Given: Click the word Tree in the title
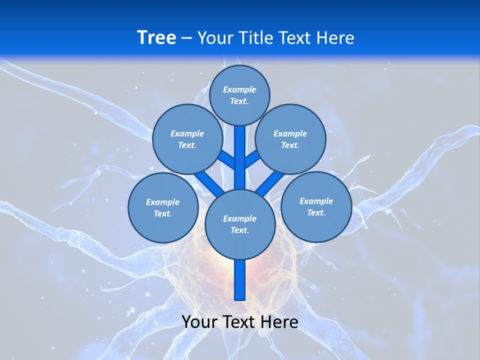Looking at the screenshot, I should point(156,37).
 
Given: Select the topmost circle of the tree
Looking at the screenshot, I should point(239,95).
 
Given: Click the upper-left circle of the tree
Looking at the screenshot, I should point(187,139).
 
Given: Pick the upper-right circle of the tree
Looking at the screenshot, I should point(290,139).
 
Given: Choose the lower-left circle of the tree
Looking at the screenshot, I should point(163,207).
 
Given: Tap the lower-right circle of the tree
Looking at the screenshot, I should point(316,206).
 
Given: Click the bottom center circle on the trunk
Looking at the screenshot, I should point(240,224).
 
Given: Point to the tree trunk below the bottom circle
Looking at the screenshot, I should point(240,280).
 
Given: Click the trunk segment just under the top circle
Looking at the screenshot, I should point(240,150).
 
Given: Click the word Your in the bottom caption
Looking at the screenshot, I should point(199,322).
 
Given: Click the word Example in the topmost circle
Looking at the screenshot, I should point(239,89).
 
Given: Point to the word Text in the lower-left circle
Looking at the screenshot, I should point(163,214).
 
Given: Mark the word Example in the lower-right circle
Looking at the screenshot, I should point(316,201).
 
